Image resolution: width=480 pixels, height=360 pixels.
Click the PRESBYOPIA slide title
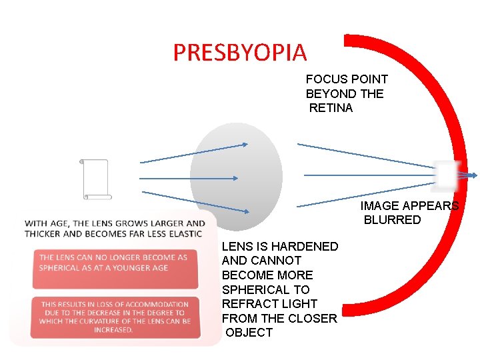click(240, 53)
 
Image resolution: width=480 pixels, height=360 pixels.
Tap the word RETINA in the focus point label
click(331, 108)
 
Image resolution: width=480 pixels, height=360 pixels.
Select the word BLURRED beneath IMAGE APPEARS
click(393, 220)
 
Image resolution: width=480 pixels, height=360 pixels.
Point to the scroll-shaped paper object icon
click(95, 179)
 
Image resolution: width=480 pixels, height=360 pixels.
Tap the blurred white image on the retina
click(445, 175)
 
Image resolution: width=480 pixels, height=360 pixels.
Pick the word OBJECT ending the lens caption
click(249, 333)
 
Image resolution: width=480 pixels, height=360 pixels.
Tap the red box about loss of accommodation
click(115, 317)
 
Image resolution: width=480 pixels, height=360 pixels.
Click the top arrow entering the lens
click(193, 153)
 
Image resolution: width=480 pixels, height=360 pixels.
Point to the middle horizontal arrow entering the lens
click(189, 178)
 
